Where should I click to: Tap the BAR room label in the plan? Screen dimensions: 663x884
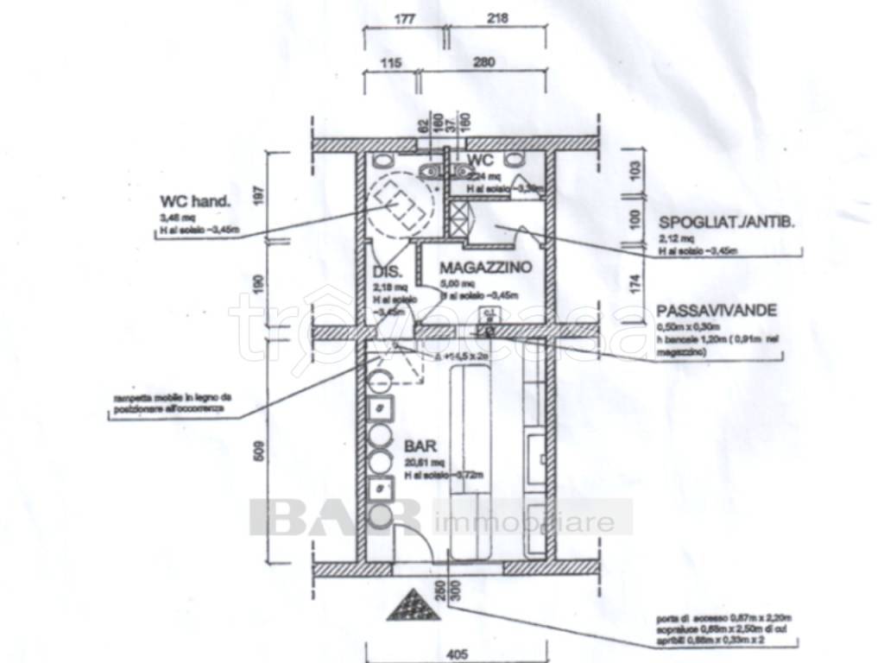[x=420, y=447]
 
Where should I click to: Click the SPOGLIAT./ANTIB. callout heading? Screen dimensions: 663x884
[x=726, y=222]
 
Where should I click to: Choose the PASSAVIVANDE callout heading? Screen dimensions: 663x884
[x=717, y=310]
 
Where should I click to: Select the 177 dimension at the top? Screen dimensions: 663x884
[x=396, y=17]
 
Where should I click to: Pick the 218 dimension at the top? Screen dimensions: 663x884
[x=498, y=17]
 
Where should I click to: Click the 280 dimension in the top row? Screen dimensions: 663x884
[x=483, y=62]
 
